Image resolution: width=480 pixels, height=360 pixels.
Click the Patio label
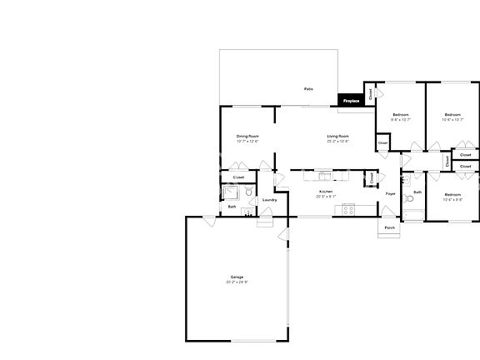(x=308, y=88)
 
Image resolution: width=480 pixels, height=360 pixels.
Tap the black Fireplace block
(x=350, y=100)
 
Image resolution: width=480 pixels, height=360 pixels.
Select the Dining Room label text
(x=247, y=136)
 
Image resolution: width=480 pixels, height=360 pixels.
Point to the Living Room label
(x=337, y=136)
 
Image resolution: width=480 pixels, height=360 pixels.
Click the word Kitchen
(x=326, y=192)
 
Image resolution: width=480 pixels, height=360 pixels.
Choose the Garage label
(x=237, y=277)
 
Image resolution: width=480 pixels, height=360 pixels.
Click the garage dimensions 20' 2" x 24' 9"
(x=237, y=282)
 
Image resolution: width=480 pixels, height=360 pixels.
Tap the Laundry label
(x=269, y=200)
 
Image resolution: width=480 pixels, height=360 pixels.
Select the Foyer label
(x=390, y=194)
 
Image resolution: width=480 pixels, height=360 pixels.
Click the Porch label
(x=389, y=227)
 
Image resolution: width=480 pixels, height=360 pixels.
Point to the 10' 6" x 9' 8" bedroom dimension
(x=452, y=199)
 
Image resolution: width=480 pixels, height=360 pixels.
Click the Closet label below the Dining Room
(x=238, y=177)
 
